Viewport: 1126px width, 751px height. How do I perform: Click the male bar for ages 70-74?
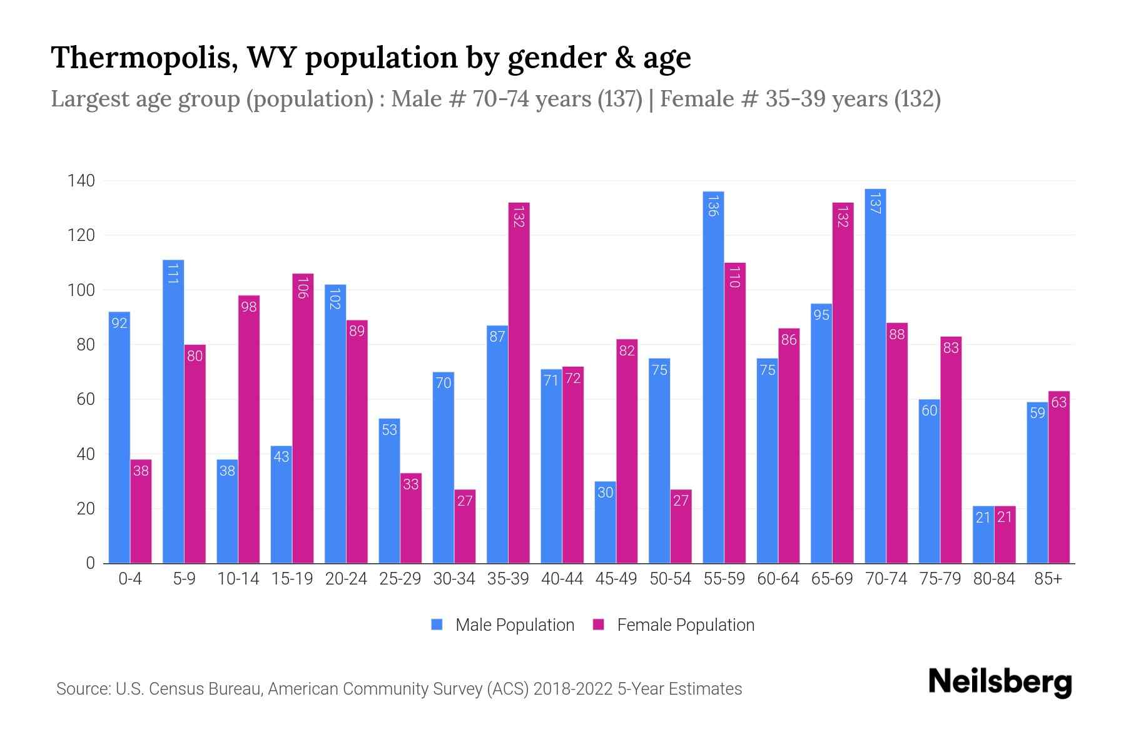click(x=875, y=375)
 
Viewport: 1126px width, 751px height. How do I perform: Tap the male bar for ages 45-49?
click(x=605, y=523)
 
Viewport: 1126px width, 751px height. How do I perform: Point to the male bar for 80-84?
click(x=983, y=534)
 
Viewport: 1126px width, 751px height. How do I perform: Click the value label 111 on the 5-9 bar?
click(x=173, y=273)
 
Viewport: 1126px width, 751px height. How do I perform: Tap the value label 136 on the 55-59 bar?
click(x=713, y=205)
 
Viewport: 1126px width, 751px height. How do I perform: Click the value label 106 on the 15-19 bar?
click(x=303, y=287)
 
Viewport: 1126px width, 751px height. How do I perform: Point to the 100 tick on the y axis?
click(x=81, y=290)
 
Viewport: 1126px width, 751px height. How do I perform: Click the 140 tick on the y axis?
click(x=81, y=181)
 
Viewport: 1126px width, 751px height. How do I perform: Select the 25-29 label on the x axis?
click(x=400, y=579)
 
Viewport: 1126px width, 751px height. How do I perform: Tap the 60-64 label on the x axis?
click(x=778, y=579)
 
